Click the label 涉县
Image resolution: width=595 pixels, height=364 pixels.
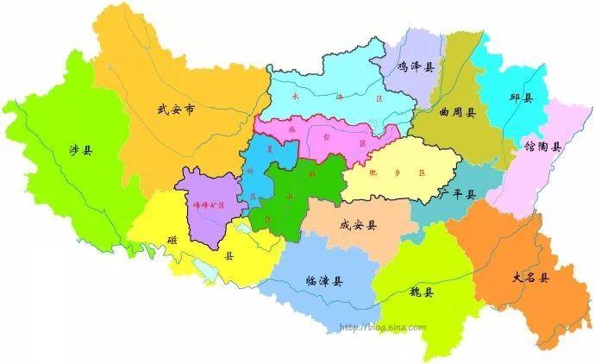pyautogui.click(x=80, y=149)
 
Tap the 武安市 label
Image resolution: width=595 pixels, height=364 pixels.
pyautogui.click(x=176, y=110)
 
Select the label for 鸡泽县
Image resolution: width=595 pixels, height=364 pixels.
pyautogui.click(x=416, y=66)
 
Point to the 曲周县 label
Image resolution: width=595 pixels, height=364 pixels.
pyautogui.click(x=456, y=111)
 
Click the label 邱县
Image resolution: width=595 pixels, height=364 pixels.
pyautogui.click(x=521, y=98)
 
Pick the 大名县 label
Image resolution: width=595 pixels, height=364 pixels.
pyautogui.click(x=530, y=278)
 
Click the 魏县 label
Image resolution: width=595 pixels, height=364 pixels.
pyautogui.click(x=422, y=292)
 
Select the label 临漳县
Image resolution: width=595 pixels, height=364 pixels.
pyautogui.click(x=324, y=281)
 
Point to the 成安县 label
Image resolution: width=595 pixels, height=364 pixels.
pyautogui.click(x=358, y=225)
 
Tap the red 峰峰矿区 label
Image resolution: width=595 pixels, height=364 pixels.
pyautogui.click(x=208, y=205)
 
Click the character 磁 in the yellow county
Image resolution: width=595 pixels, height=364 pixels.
pyautogui.click(x=173, y=239)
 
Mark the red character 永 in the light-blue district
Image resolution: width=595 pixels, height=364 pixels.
pyautogui.click(x=297, y=97)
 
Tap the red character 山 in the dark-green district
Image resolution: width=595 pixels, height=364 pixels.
pyautogui.click(x=289, y=198)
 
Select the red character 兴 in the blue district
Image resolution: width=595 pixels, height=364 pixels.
pyautogui.click(x=251, y=171)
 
